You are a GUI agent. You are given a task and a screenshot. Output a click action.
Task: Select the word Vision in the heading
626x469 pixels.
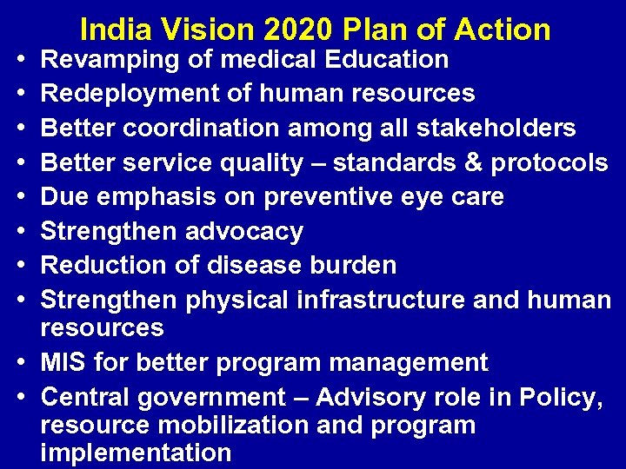(x=208, y=30)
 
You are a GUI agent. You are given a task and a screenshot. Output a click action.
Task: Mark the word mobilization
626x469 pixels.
(x=222, y=425)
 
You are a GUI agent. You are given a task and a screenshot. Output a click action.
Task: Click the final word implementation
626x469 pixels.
(x=136, y=452)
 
